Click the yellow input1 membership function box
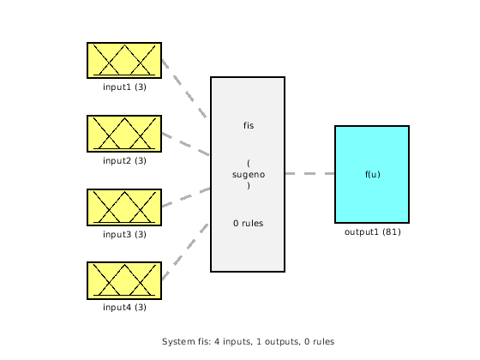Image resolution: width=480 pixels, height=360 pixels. coord(124,60)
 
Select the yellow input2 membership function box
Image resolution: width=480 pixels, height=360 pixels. coord(124,134)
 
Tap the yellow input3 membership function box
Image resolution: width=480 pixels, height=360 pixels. coord(124,207)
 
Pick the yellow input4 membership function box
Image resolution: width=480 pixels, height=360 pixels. coord(124,280)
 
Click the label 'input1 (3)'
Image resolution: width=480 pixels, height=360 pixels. coord(124,87)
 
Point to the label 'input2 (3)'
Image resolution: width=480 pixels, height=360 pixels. coord(124,160)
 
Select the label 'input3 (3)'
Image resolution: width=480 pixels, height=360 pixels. coord(124,234)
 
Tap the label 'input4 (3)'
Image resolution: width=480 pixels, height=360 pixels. coord(124,307)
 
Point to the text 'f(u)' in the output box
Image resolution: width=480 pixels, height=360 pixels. coord(372,174)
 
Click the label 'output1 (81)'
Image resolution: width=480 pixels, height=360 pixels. coord(372,231)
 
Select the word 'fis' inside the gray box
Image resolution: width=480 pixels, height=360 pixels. coord(248,126)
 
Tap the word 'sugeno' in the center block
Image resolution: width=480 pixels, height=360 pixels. coord(248,174)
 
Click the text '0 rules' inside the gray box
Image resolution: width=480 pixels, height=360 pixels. coord(248,223)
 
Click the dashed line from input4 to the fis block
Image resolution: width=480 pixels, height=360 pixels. coord(185,253)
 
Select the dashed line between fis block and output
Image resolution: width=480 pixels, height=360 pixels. coord(309,174)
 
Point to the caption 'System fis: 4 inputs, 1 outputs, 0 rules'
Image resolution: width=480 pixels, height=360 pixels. coord(248,341)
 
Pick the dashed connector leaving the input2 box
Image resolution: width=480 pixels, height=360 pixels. coord(185,144)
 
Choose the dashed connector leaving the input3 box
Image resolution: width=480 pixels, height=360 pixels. coord(185,198)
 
